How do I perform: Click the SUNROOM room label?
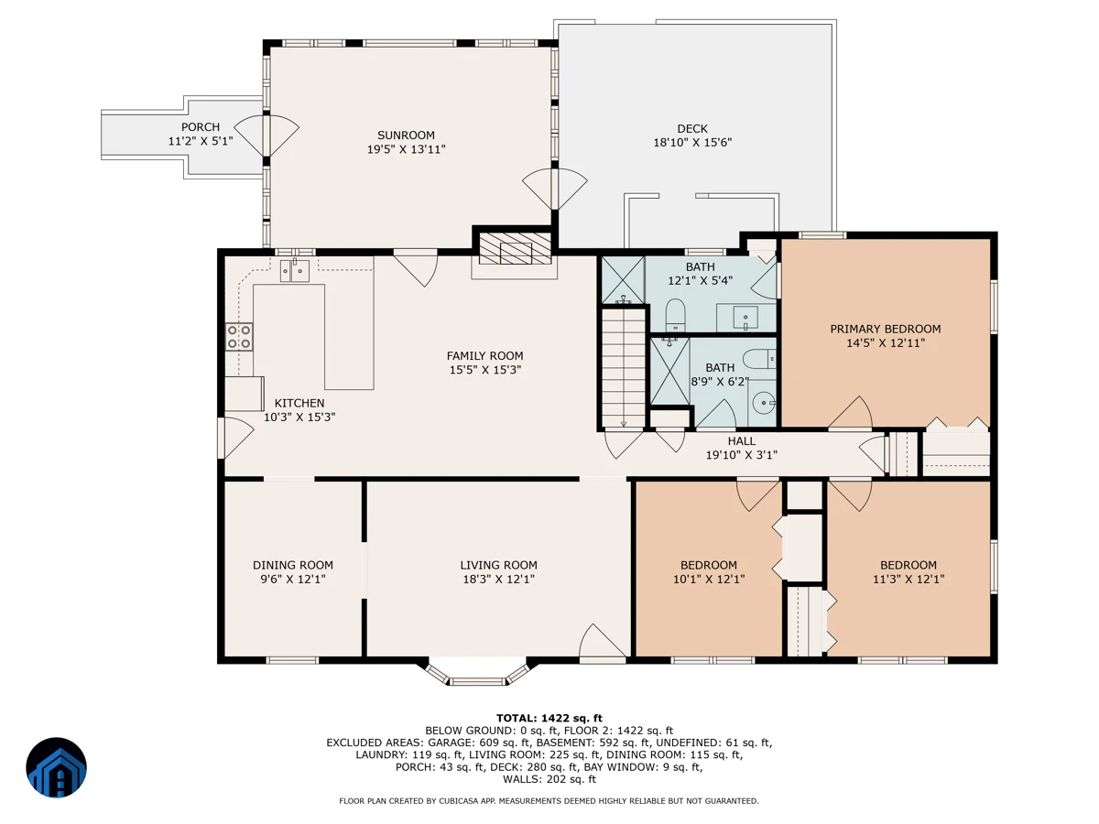pos(406,136)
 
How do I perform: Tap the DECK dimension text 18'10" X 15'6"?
pos(692,143)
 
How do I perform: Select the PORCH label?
pos(201,127)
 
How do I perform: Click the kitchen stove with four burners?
pos(239,337)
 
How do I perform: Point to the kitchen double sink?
pos(294,271)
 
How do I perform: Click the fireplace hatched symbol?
pos(516,248)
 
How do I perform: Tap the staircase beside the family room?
pos(624,368)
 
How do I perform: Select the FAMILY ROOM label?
pos(484,356)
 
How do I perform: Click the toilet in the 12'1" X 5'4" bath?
pos(675,315)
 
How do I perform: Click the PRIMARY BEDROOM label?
pos(886,330)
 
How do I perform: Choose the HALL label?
pos(742,441)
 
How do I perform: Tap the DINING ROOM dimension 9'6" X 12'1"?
pos(293,580)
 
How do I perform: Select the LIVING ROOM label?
pos(499,565)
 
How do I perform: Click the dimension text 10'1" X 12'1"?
pos(709,580)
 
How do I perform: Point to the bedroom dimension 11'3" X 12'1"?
pos(909,580)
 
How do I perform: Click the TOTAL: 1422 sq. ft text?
pos(549,719)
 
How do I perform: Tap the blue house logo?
pos(56,767)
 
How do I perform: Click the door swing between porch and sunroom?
pos(267,136)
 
